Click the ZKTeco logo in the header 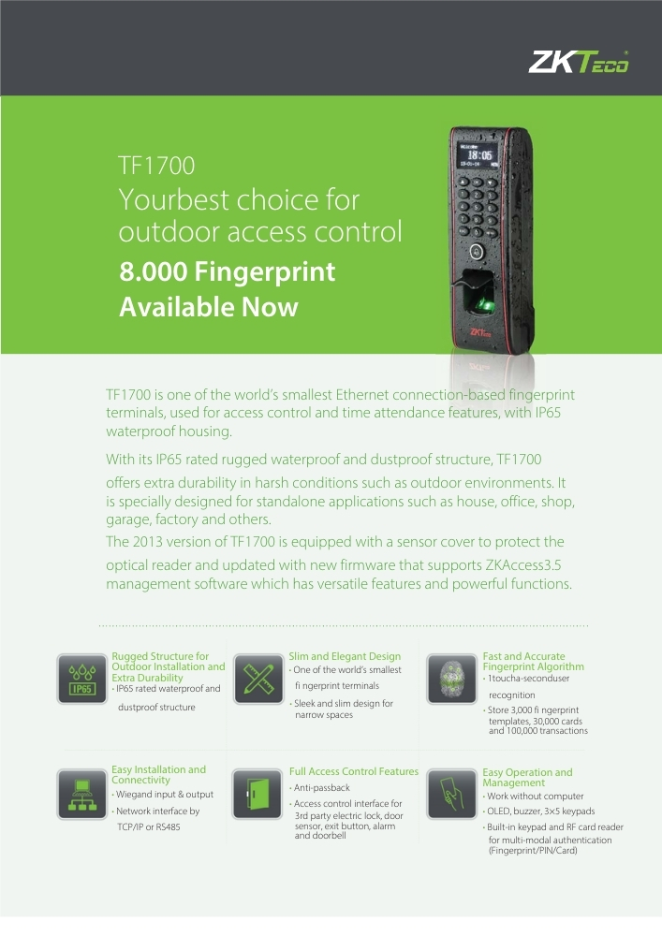[578, 62]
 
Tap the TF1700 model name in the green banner [156, 166]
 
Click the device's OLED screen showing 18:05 [478, 155]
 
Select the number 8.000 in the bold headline [154, 271]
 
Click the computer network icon [82, 794]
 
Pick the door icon [257, 794]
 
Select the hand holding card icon [451, 794]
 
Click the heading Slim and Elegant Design [345, 656]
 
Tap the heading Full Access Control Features [354, 771]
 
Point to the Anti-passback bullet [320, 788]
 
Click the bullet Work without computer [533, 797]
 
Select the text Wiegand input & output [162, 795]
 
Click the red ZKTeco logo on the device [481, 332]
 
